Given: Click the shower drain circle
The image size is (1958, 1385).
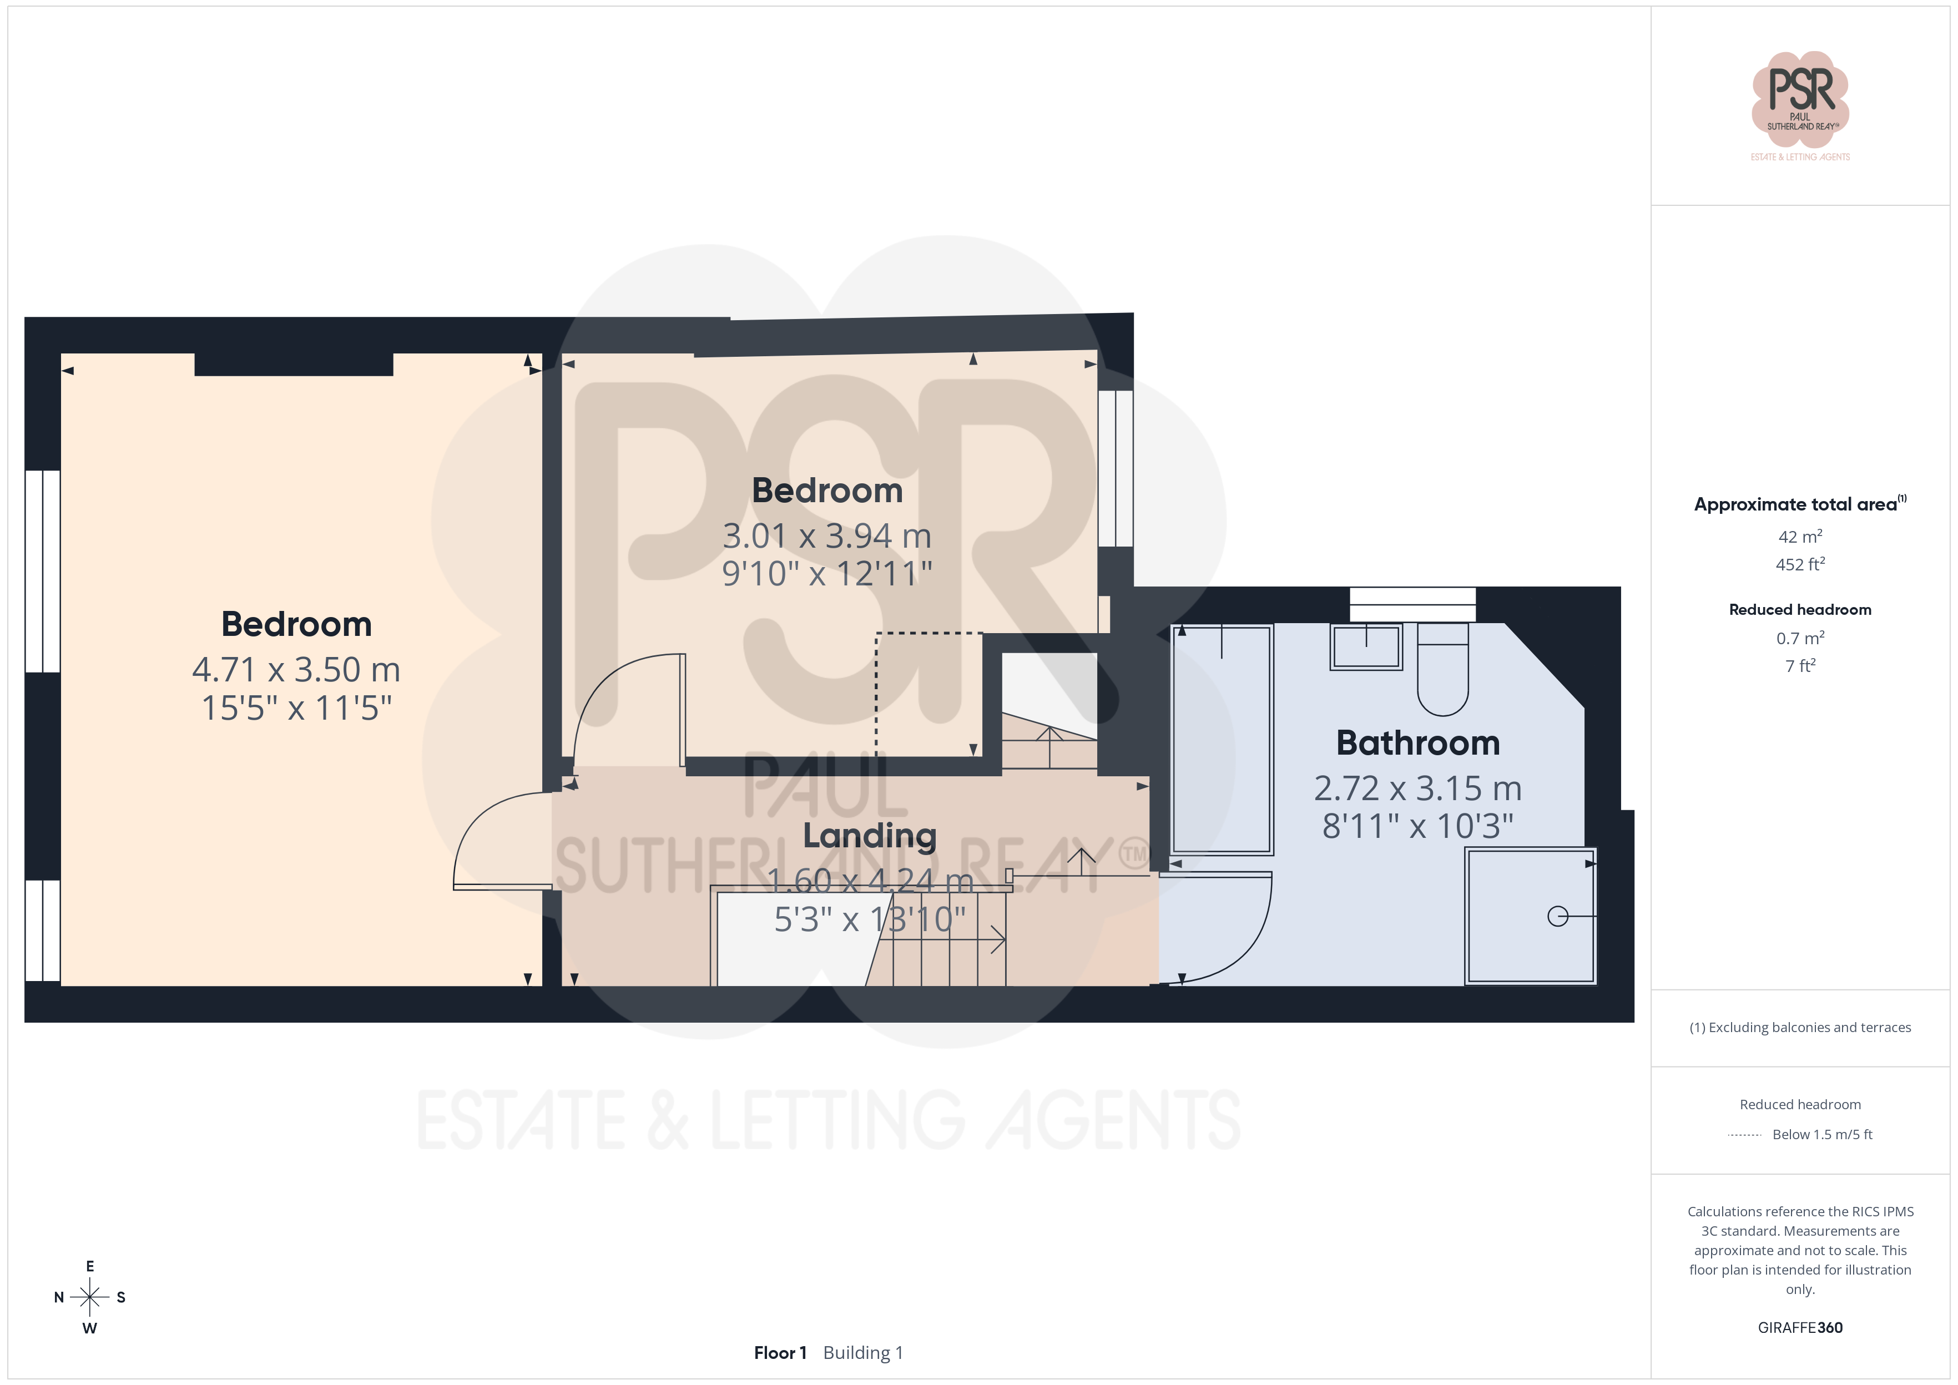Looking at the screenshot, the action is click(x=1557, y=916).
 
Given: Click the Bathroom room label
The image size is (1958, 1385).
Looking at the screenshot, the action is click(x=1417, y=743).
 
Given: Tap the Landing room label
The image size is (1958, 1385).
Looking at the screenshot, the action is click(x=870, y=836).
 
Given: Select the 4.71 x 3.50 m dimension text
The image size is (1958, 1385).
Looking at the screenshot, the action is click(x=296, y=670).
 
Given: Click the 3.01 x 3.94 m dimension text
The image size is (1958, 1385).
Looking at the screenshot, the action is click(x=826, y=535).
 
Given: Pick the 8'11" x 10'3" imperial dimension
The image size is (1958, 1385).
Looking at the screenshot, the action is click(x=1417, y=826).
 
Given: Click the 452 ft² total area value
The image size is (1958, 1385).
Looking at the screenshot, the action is click(x=1800, y=564).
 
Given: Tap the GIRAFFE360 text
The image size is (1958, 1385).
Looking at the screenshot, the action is click(x=1800, y=1327).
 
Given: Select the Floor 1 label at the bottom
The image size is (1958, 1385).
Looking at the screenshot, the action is click(x=779, y=1353).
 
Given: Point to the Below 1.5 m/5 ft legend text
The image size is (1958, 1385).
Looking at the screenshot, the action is click(x=1823, y=1134).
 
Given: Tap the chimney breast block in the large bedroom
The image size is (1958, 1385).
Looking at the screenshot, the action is click(x=294, y=364).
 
